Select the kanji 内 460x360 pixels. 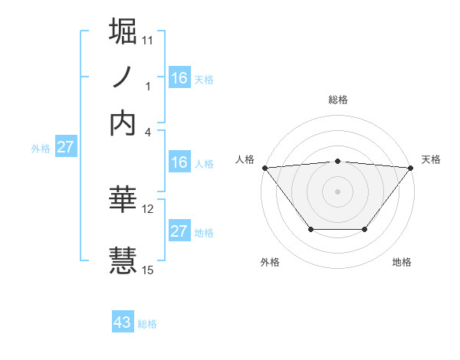123,123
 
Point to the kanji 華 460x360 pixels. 123,201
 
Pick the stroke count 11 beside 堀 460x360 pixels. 148,38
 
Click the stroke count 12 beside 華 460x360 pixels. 148,208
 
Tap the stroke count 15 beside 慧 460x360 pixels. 148,269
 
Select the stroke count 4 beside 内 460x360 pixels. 148,131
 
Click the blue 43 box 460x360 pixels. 123,322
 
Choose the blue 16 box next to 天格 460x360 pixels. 179,77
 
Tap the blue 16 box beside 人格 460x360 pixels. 179,162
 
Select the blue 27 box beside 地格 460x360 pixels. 179,231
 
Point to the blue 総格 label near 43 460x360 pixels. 147,324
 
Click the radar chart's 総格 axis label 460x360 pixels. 337,100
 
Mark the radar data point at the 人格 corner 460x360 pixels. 264,168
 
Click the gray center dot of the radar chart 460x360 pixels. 337,191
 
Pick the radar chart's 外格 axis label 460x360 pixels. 270,263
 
